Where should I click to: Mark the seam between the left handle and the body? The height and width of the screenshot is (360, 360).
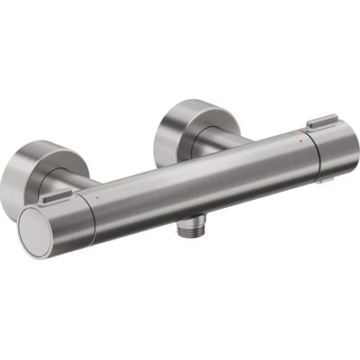90,212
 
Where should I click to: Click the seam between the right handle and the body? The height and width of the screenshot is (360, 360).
309,155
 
